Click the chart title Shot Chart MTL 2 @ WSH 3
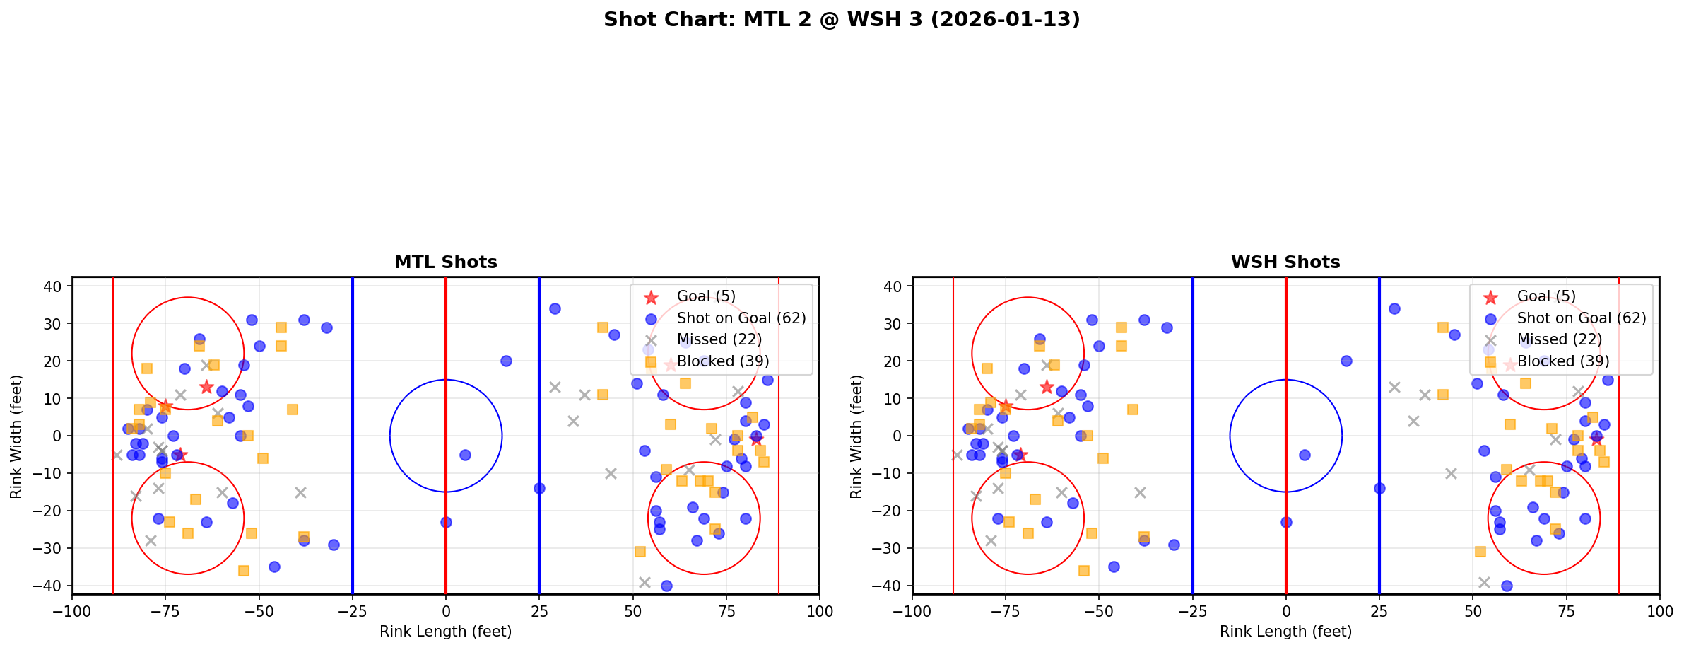pyautogui.click(x=842, y=19)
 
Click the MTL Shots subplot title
pyautogui.click(x=445, y=262)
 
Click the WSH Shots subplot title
pyautogui.click(x=1285, y=262)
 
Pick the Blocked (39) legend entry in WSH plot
pyautogui.click(x=1562, y=361)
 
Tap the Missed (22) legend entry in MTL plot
pyautogui.click(x=719, y=339)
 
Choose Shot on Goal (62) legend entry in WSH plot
pyautogui.click(x=1582, y=318)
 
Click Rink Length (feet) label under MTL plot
pyautogui.click(x=445, y=632)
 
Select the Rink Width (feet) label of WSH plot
pyautogui.click(x=856, y=436)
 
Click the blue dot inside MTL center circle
pyautogui.click(x=465, y=455)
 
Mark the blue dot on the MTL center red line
pyautogui.click(x=446, y=522)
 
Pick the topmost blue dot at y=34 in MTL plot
pyautogui.click(x=555, y=308)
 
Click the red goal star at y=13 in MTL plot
pyautogui.click(x=206, y=387)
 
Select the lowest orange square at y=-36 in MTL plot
pyautogui.click(x=244, y=571)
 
